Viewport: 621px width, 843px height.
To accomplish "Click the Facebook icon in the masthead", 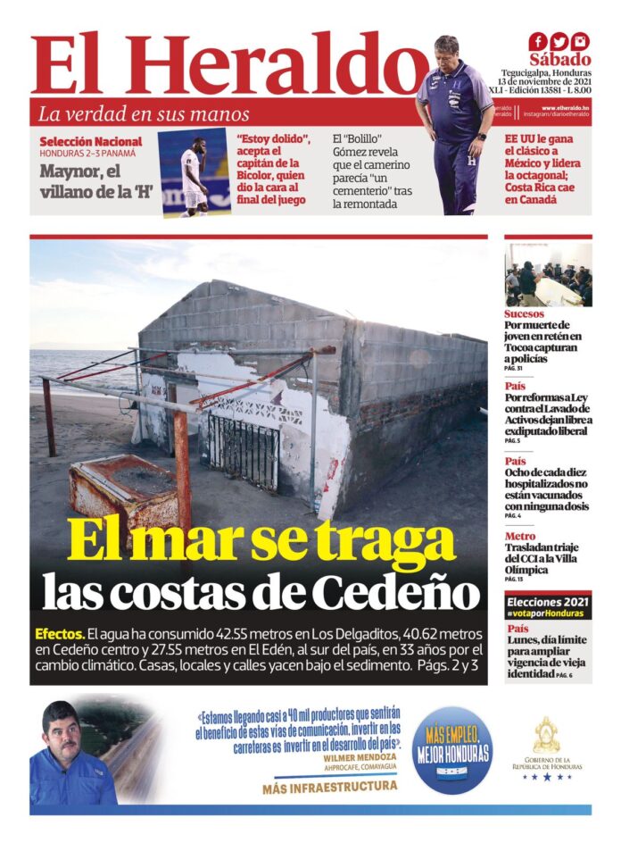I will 537,41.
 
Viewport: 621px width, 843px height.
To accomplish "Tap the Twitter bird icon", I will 559,41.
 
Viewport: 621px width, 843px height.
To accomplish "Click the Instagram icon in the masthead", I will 580,41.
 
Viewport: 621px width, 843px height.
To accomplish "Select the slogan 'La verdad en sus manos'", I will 144,114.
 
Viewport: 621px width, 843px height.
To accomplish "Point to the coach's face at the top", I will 448,50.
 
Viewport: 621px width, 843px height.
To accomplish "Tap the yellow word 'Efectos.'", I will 60,632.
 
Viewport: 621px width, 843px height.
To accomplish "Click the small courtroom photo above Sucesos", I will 547,275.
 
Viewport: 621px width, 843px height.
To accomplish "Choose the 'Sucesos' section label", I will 524,314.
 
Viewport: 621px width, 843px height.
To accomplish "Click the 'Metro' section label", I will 519,536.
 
